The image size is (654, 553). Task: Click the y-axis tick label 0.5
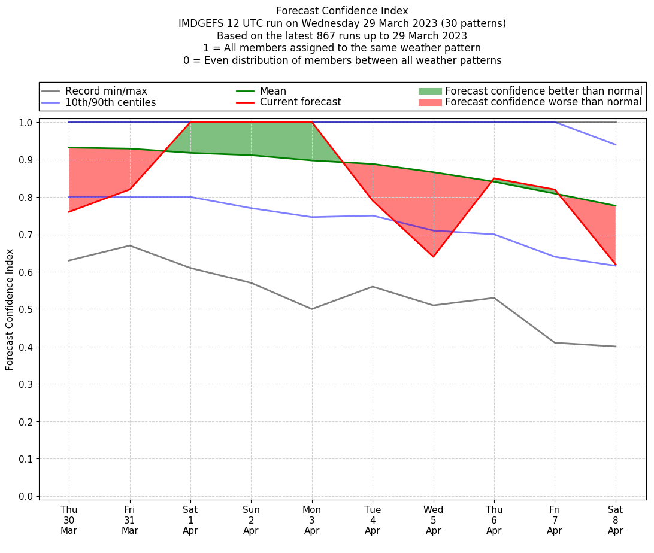tap(26, 309)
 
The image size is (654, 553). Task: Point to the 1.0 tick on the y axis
tap(26, 122)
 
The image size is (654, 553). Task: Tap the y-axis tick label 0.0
tap(26, 496)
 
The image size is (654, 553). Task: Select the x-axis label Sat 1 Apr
tap(190, 519)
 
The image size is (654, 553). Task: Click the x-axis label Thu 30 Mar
tap(69, 519)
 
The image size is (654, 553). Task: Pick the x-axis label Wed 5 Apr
tap(433, 519)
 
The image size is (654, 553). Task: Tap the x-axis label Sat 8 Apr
tap(616, 519)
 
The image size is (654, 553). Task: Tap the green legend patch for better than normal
tap(429, 91)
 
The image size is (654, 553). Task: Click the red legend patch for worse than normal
tap(429, 102)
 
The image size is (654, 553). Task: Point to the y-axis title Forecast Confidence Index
tap(10, 309)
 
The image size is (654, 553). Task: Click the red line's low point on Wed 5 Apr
tap(433, 257)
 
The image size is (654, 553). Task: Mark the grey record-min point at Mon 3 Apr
tap(312, 309)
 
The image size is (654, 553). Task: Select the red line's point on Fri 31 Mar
tap(130, 190)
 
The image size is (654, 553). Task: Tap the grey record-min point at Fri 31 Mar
tap(130, 245)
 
